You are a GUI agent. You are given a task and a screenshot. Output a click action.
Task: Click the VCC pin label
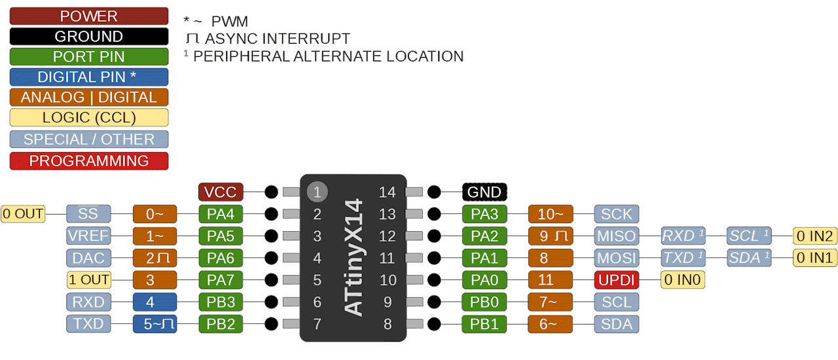pyautogui.click(x=221, y=192)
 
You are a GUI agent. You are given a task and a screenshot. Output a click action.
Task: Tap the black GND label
pyautogui.click(x=484, y=192)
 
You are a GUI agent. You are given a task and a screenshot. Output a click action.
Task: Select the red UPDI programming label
pyautogui.click(x=617, y=280)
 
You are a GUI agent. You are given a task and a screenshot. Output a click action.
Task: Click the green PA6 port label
pyautogui.click(x=221, y=258)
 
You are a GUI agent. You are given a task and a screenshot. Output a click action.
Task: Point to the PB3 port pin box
pyautogui.click(x=221, y=302)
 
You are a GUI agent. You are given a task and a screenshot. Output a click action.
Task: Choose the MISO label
pyautogui.click(x=617, y=236)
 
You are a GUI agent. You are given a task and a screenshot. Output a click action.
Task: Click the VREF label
pyautogui.click(x=88, y=236)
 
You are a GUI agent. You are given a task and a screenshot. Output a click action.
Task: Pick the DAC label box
pyautogui.click(x=88, y=258)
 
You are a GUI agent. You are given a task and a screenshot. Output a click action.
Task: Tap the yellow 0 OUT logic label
pyautogui.click(x=23, y=213)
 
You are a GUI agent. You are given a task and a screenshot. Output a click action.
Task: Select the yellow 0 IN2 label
pyautogui.click(x=814, y=236)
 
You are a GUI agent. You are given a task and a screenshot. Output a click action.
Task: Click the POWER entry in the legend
pyautogui.click(x=89, y=16)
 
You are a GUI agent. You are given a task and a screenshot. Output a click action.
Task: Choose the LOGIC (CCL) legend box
pyautogui.click(x=89, y=118)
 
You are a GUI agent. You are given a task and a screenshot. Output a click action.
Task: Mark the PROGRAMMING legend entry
pyautogui.click(x=89, y=161)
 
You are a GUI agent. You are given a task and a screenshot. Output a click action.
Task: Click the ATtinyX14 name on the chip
pyautogui.click(x=354, y=258)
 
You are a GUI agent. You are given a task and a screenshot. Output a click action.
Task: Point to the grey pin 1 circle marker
pyautogui.click(x=317, y=192)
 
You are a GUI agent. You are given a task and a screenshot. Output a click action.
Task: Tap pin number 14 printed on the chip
pyautogui.click(x=388, y=192)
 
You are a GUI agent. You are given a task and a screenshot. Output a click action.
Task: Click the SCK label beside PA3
pyautogui.click(x=617, y=213)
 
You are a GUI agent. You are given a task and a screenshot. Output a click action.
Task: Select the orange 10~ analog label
pyautogui.click(x=551, y=213)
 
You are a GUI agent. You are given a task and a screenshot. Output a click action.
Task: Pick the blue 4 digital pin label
pyautogui.click(x=155, y=302)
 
